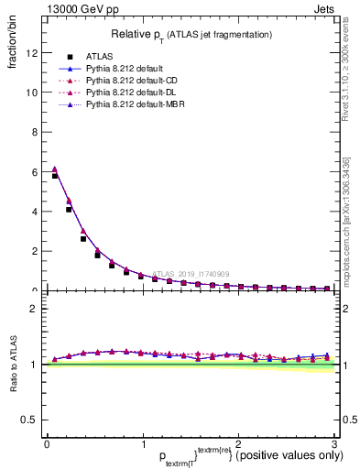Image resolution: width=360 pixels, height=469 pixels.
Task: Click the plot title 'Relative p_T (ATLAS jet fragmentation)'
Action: [x=191, y=34]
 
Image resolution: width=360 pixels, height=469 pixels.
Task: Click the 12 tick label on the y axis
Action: [x=32, y=53]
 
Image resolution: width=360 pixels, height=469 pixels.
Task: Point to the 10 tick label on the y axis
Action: [x=32, y=93]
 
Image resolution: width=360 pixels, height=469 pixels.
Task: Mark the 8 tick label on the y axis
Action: [x=35, y=132]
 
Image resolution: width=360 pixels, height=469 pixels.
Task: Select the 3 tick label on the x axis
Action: [x=334, y=442]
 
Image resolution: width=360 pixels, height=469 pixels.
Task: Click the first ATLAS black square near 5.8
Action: [x=55, y=176]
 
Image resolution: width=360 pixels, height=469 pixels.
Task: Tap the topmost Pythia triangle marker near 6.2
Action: [x=55, y=169]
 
